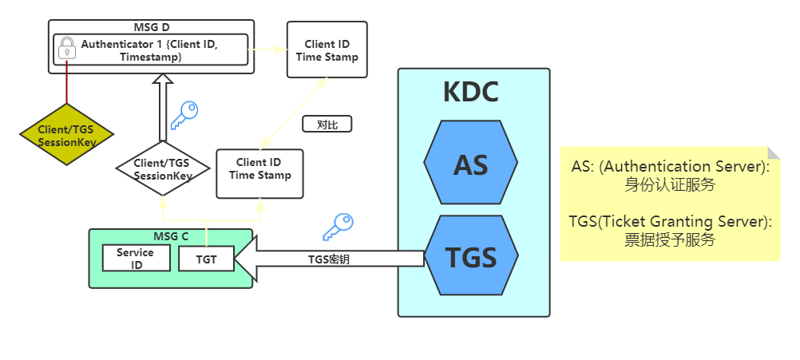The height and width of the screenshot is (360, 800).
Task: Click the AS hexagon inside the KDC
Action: [470, 164]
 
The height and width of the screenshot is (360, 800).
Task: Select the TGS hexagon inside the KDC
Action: [470, 257]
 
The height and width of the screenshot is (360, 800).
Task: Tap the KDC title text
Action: [470, 93]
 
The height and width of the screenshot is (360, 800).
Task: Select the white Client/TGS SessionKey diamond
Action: [162, 168]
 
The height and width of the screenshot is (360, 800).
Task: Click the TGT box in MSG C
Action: [206, 258]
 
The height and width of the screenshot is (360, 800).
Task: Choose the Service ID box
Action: [136, 258]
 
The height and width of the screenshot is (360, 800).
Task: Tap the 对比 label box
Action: [327, 125]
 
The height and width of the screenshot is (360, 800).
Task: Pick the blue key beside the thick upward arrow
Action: [184, 115]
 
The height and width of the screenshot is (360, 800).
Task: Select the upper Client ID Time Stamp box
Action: [327, 49]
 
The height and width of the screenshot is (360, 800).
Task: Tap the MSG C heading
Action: [171, 236]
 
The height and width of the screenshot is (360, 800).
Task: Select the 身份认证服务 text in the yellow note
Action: [669, 185]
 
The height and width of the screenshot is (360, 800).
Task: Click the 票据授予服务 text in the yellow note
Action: [669, 239]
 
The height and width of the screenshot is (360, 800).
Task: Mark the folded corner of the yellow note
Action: [774, 152]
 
